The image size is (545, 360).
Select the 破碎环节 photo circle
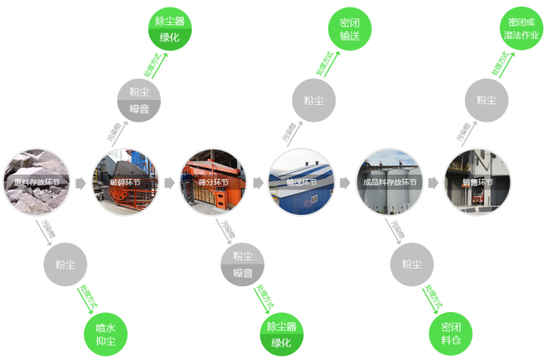124,181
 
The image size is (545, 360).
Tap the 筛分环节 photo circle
213,181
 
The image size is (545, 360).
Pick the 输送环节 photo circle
300,181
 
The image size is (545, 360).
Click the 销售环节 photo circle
476,181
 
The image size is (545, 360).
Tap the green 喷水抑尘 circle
106,334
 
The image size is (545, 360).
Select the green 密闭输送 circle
350,31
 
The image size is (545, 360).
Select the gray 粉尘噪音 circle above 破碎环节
140,100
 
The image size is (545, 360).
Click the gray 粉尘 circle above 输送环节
314,100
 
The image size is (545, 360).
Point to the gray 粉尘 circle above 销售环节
486,100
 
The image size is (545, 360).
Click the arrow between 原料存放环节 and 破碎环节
80,181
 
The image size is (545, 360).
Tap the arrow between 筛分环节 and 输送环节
257,181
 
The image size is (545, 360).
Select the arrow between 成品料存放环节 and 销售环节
433,181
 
